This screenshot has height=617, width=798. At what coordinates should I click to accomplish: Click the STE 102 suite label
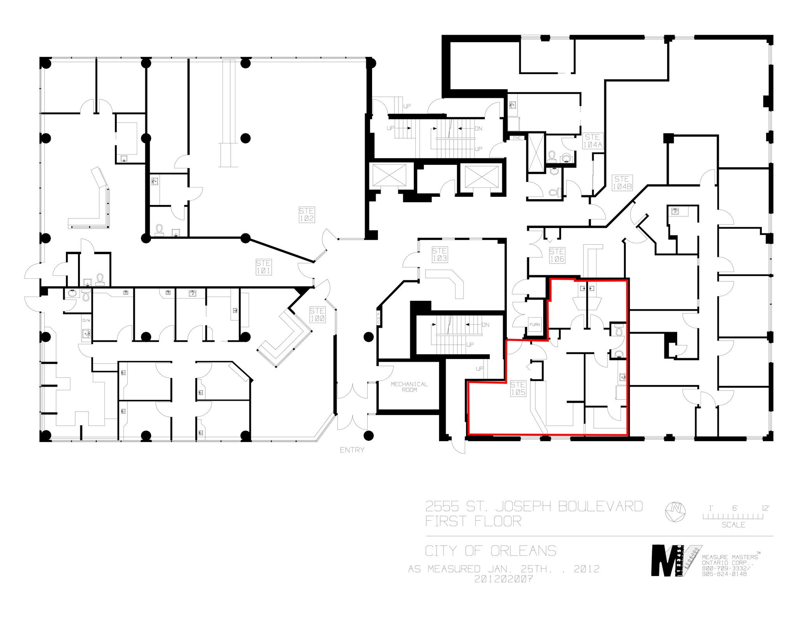[x=307, y=215]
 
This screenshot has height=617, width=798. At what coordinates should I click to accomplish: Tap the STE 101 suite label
[x=263, y=267]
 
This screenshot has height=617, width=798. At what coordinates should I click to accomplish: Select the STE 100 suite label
[x=317, y=315]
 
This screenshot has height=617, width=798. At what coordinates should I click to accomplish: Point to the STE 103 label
[x=440, y=255]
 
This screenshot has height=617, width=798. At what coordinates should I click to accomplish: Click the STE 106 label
[x=557, y=255]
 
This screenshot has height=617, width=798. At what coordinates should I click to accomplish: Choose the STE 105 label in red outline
[x=518, y=389]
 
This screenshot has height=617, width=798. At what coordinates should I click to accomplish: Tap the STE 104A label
[x=592, y=141]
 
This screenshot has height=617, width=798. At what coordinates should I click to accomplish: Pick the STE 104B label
[x=622, y=183]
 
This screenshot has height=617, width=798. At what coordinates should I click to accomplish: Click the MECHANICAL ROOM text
[x=409, y=387]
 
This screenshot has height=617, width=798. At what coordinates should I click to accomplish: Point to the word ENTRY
[x=352, y=450]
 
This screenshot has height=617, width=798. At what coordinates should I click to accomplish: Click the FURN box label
[x=535, y=324]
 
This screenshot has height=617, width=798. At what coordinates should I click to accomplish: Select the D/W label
[x=86, y=320]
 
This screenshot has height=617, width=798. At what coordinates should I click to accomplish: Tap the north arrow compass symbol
[x=675, y=511]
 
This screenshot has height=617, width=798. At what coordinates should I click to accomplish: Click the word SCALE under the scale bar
[x=733, y=525]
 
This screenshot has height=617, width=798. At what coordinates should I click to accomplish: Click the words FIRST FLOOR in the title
[x=473, y=522]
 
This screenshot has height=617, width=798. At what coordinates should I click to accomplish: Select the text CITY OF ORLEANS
[x=491, y=551]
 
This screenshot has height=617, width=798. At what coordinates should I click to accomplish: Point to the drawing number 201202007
[x=503, y=579]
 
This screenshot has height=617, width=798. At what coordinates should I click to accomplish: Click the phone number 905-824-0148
[x=724, y=574]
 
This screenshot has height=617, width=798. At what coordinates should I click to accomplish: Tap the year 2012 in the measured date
[x=586, y=569]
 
